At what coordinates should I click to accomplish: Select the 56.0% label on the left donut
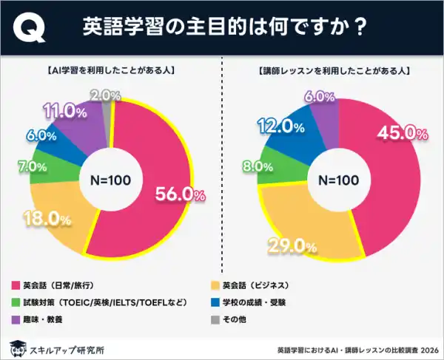click(179, 194)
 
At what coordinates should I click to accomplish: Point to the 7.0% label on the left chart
click(32, 168)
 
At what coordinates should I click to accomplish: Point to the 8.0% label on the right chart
click(252, 167)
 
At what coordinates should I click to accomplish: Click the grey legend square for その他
click(217, 320)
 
